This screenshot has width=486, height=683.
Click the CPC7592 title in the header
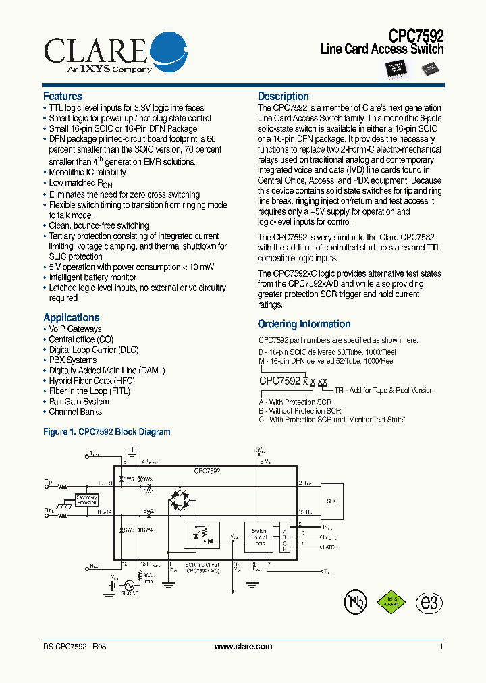(416, 35)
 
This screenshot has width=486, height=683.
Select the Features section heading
(63, 97)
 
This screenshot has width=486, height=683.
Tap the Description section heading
(283, 97)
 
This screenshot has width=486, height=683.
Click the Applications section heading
(71, 317)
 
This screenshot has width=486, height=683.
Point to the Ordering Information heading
(304, 324)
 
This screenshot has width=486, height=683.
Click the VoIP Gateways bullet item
(75, 329)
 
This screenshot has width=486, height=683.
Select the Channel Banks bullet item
(75, 412)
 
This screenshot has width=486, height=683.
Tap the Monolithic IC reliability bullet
(87, 173)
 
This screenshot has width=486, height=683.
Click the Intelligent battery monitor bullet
(92, 277)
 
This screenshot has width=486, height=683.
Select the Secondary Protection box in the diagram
(86, 500)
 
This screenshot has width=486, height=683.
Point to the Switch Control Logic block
(259, 538)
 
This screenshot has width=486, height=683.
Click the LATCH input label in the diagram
(330, 547)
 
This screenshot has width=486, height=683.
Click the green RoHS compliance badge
(392, 601)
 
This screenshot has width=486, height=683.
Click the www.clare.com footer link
(243, 647)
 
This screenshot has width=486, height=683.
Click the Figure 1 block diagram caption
(107, 432)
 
